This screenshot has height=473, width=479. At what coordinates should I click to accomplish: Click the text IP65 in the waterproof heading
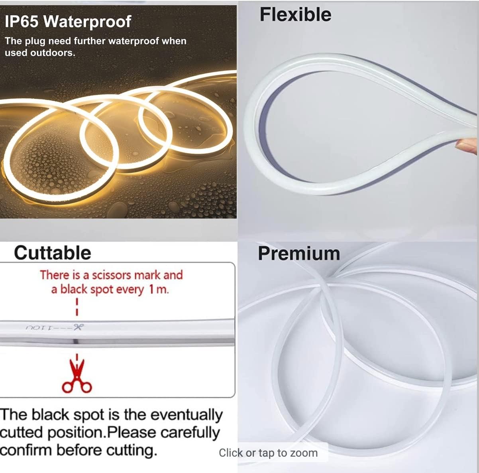click(22, 22)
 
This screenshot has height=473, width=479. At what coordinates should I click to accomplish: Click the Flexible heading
click(295, 14)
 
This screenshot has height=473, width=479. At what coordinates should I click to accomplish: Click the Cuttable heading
click(53, 253)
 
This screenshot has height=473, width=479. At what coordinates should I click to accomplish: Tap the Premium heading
click(299, 254)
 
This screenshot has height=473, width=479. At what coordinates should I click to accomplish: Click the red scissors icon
click(77, 376)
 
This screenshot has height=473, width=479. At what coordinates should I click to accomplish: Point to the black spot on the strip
click(76, 341)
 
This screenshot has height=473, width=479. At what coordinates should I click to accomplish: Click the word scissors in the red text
click(112, 275)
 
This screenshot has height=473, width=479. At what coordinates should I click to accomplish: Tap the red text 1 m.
click(159, 290)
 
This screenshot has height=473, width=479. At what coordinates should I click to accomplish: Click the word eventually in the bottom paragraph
click(186, 415)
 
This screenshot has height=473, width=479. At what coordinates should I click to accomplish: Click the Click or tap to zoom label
click(268, 453)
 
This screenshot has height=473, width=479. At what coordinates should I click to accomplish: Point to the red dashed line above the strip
click(77, 307)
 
